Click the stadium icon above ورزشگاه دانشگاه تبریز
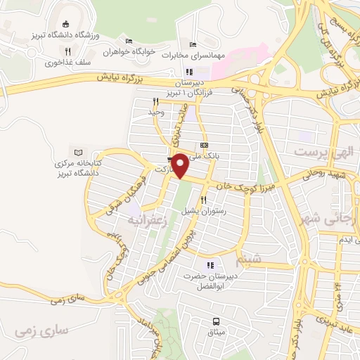point(65,23)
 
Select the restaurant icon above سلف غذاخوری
point(67,51)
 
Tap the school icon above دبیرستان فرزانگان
point(188,72)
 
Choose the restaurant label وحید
point(156,112)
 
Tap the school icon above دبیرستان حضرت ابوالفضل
point(210,265)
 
